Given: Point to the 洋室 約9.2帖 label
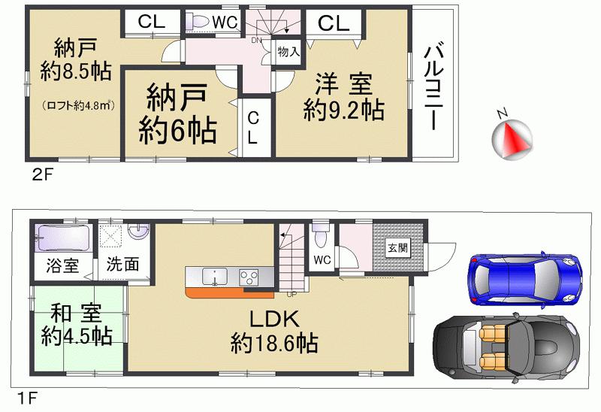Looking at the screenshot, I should (x=343, y=96).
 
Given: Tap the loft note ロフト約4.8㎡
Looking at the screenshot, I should (x=77, y=105).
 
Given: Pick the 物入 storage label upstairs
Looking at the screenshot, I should (x=288, y=52).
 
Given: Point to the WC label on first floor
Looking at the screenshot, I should (x=323, y=259).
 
